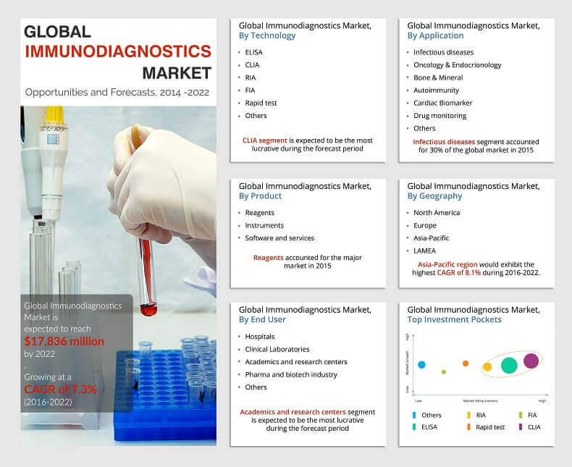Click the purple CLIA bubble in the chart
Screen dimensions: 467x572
[531, 360]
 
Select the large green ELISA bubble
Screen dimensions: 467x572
[509, 366]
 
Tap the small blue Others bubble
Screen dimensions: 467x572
[421, 365]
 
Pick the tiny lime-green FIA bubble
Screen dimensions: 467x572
[444, 372]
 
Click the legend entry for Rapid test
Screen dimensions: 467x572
[490, 427]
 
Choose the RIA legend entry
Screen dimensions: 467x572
[481, 415]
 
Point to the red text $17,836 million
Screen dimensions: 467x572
[64, 341]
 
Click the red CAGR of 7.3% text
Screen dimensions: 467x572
[60, 389]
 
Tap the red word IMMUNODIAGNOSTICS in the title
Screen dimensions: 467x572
[118, 51]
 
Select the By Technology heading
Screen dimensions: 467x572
[267, 35]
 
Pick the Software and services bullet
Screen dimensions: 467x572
[279, 237]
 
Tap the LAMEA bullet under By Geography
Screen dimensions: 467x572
[425, 251]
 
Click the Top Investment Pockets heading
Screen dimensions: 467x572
[454, 319]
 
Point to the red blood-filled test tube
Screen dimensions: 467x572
[147, 282]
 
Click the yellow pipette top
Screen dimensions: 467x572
[54, 116]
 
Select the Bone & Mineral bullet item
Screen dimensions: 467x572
[439, 77]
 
